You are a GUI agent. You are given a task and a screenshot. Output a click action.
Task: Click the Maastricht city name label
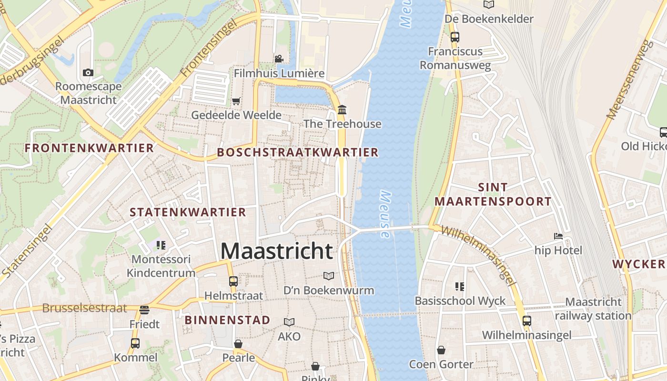coord(276,251)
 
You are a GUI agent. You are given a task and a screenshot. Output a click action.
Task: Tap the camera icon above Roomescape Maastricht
coord(88,73)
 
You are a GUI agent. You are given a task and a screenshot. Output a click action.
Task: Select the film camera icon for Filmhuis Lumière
coord(279,59)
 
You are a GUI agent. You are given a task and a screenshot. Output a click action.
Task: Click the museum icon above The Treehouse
coord(342,110)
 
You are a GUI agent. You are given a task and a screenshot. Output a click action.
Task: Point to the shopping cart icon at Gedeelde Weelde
coord(236,101)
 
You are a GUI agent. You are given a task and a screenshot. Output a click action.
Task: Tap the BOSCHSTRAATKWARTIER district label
coord(297,152)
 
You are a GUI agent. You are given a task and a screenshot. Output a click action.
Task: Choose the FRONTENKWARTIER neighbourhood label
coord(89,148)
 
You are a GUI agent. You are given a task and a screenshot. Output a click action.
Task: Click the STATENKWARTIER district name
coord(188,212)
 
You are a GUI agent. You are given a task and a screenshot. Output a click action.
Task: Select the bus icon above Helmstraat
coord(233,281)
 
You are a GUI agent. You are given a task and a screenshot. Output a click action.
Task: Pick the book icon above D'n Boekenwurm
coord(328,276)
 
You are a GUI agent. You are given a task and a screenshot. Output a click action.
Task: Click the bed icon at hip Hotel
coord(558,236)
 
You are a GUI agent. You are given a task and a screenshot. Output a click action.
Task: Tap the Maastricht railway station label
coord(593,309)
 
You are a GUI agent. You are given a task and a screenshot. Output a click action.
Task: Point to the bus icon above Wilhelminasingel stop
coord(526,321)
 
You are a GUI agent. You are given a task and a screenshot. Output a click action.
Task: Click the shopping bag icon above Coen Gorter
coord(441,350)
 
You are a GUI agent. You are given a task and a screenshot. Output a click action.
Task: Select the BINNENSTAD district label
coord(228,320)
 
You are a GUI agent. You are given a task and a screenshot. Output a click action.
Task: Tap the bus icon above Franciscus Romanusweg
coord(455,37)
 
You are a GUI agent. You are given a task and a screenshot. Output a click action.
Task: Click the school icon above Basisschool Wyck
coord(460,286)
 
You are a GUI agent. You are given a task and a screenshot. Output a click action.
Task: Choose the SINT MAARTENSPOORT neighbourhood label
coord(493,194)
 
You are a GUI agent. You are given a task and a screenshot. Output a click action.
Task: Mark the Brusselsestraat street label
coord(84,308)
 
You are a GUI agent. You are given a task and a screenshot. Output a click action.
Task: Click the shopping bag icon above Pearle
coord(238,343)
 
